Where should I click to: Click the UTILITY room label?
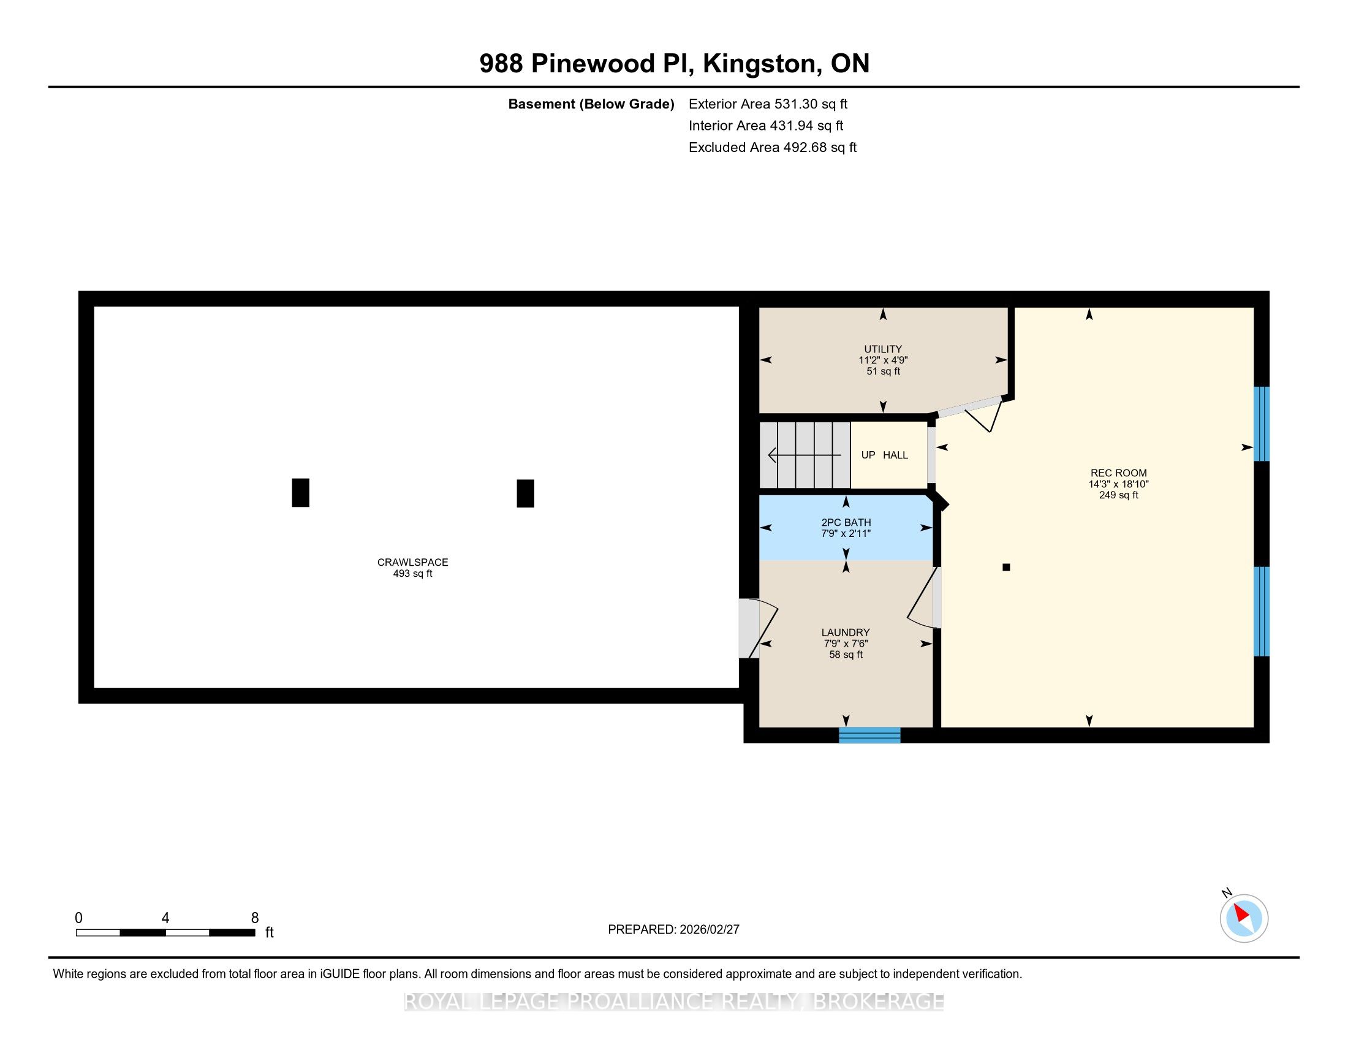(882, 349)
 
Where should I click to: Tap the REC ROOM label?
(1118, 473)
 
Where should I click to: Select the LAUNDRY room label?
(846, 632)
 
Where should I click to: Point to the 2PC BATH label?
(846, 522)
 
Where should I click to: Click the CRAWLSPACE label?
(413, 562)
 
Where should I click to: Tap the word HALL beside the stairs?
(895, 455)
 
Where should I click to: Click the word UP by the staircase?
(868, 455)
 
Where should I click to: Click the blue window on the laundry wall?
(869, 734)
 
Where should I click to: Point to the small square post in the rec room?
(1006, 568)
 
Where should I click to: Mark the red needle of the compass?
(1241, 914)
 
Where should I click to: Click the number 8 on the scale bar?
(255, 918)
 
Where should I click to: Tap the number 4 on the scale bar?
(165, 918)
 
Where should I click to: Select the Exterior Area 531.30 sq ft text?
(768, 104)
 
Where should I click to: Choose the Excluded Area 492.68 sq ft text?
(773, 147)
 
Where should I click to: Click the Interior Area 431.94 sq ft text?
(766, 125)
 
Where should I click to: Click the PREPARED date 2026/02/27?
(708, 930)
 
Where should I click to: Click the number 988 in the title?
(501, 64)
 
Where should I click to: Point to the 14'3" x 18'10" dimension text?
(1118, 484)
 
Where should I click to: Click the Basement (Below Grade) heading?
(591, 104)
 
